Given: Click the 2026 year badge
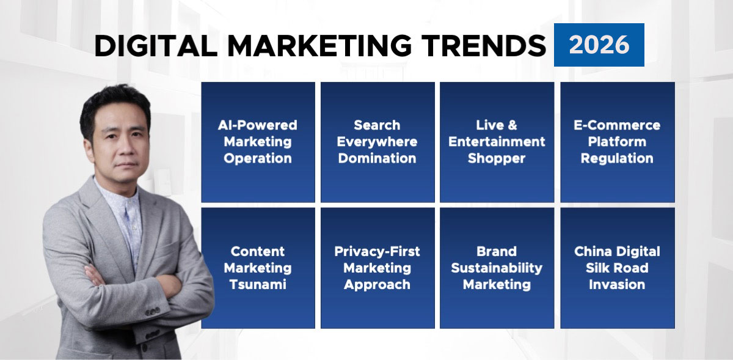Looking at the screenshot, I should tap(599, 45).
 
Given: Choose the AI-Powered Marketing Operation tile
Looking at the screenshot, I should tap(258, 142).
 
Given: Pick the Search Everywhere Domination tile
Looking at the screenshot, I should tap(377, 142).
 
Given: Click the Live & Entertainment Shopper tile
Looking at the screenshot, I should tap(497, 142).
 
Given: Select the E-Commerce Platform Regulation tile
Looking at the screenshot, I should tap(617, 142).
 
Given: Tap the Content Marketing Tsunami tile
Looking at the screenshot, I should tap(258, 268).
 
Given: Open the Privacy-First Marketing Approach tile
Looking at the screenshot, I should tap(377, 268).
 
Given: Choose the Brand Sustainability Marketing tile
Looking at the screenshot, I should tap(497, 268).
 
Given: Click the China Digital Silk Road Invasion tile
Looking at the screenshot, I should tap(617, 268).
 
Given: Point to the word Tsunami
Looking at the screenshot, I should tap(258, 284).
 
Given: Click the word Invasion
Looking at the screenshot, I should tap(617, 284).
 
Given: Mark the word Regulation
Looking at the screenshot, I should tap(617, 158).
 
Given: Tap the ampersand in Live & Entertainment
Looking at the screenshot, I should tap(512, 125).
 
